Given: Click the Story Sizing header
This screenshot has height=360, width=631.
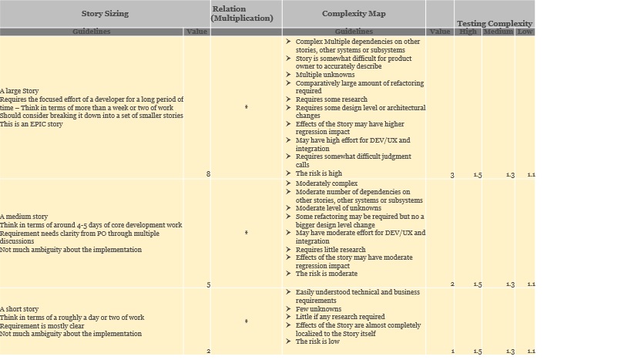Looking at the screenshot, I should click(105, 13).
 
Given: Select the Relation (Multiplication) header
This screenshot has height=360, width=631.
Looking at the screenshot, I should click(242, 13).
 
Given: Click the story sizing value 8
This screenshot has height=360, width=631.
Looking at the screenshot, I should click(208, 174).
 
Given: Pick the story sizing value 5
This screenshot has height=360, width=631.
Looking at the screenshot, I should click(208, 284).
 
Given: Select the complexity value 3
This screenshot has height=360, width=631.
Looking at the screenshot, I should click(452, 175).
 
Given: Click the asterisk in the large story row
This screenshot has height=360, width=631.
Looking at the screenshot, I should click(246, 107).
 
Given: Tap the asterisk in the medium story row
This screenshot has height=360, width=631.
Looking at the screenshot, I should click(246, 233).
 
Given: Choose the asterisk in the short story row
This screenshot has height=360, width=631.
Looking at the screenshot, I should click(246, 321).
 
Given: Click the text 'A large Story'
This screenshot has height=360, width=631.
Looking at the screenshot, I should click(19, 91).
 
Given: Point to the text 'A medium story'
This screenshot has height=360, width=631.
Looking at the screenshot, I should click(23, 217).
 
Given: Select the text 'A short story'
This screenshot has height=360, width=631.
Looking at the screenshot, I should click(20, 309).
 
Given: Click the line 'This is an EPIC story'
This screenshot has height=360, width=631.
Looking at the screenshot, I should click(32, 124).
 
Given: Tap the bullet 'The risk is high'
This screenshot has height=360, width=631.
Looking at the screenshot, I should click(318, 173).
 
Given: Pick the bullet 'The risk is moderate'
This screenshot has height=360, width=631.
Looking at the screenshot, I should click(326, 274).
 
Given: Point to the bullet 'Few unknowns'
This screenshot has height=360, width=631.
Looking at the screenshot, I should click(318, 309).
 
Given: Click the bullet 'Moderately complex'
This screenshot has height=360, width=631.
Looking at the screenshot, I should click(326, 183).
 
